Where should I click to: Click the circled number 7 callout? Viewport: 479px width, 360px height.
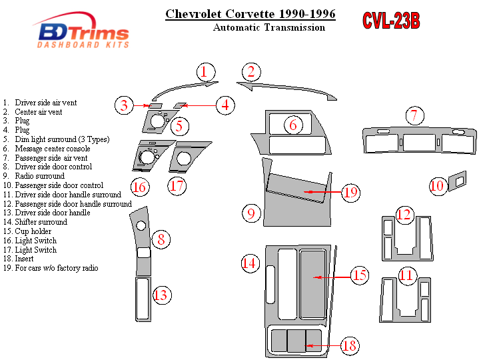tap(414, 116)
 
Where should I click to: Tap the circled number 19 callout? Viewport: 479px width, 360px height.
tap(351, 193)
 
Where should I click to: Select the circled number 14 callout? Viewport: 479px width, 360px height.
tap(249, 263)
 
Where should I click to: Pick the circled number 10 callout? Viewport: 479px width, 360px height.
tap(437, 186)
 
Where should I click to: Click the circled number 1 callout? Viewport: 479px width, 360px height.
tap(206, 73)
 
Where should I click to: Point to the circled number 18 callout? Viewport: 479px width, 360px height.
tap(348, 345)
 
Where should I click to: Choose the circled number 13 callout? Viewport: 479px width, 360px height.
tap(161, 294)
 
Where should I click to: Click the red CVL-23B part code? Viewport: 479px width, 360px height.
tap(391, 21)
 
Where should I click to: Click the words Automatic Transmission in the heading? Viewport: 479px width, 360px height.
tap(269, 27)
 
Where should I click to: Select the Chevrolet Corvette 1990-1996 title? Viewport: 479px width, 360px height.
tap(250, 13)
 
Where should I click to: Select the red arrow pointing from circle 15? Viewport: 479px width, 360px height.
tap(331, 276)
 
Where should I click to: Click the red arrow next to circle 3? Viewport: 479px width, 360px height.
tap(141, 105)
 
